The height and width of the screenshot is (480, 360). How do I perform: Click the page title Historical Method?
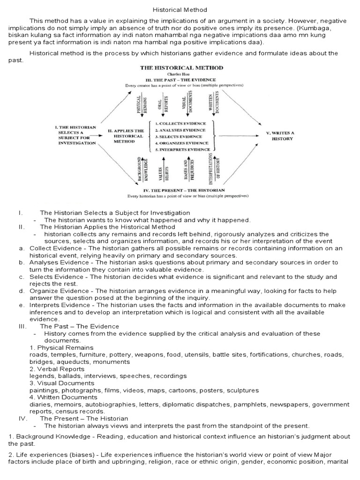(180, 9)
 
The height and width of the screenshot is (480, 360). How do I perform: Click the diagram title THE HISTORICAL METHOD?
(182, 67)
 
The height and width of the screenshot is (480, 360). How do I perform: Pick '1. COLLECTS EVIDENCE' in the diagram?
(180, 123)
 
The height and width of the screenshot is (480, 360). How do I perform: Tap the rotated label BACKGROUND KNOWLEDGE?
(141, 170)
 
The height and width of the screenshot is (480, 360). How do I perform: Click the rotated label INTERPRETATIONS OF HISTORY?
(213, 169)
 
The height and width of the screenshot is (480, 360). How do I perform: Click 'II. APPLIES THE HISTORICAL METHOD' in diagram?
(126, 136)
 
